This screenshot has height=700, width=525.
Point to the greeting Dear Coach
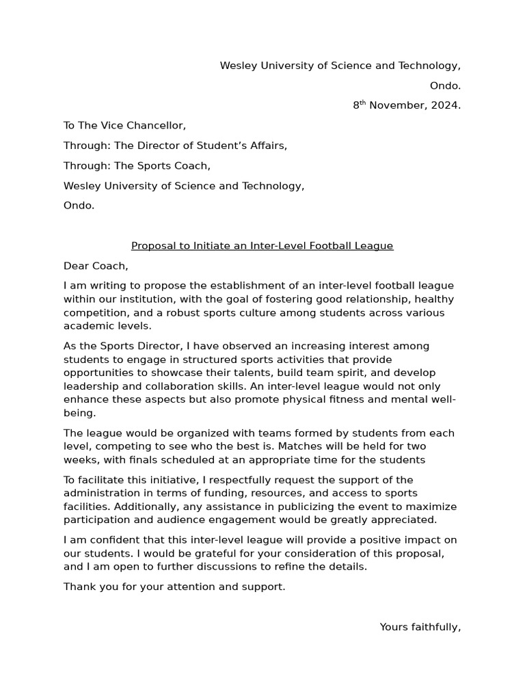(x=96, y=266)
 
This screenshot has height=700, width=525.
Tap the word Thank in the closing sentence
(x=79, y=587)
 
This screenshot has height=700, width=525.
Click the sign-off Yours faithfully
(x=420, y=628)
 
